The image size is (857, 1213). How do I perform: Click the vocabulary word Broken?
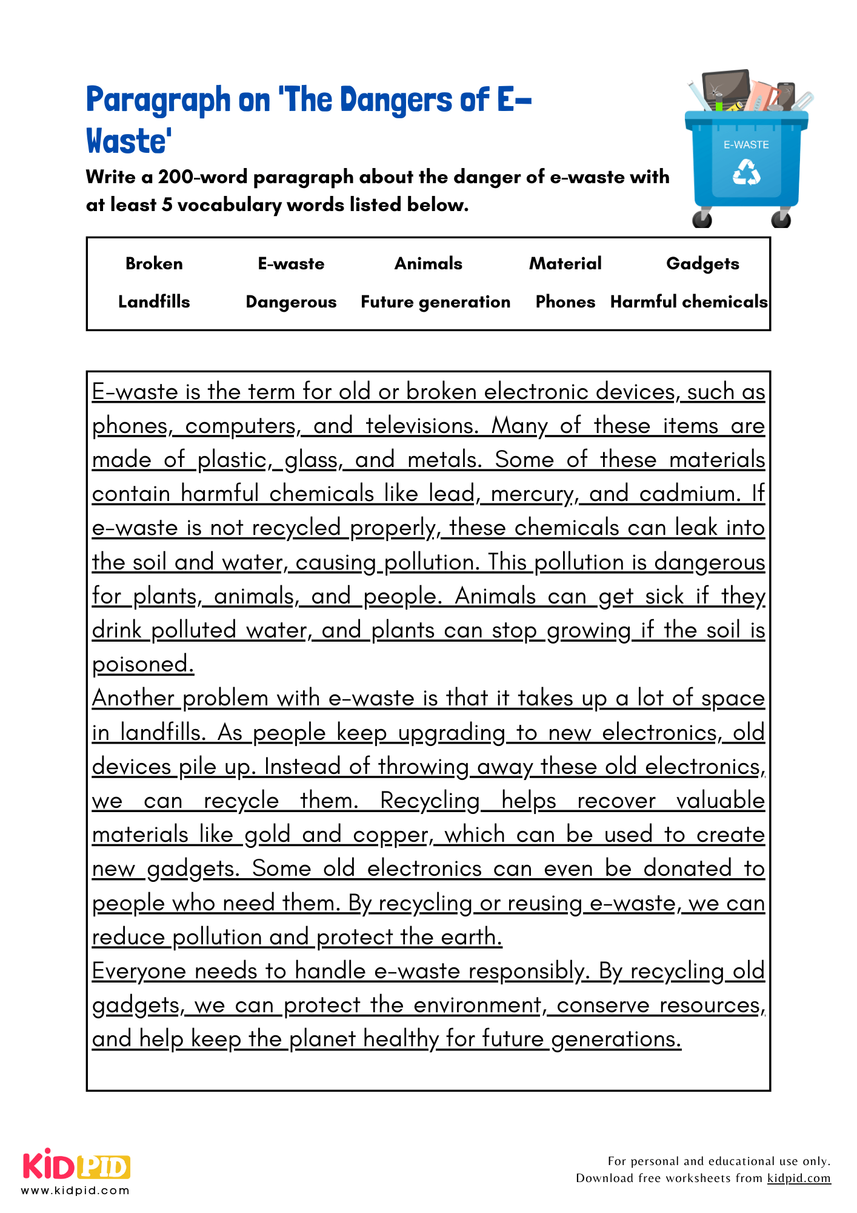click(x=154, y=263)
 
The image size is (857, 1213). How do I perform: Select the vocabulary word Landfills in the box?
click(x=154, y=301)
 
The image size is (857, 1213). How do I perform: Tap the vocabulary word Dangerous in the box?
click(x=291, y=301)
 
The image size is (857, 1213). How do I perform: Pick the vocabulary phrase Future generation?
click(x=435, y=301)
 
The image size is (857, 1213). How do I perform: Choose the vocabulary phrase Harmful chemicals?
click(x=689, y=301)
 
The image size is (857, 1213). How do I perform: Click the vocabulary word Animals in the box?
click(x=428, y=263)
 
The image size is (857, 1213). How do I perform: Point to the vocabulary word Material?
click(x=565, y=263)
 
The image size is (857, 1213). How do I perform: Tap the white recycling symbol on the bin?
click(x=746, y=172)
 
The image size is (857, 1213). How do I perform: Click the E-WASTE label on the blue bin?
click(x=746, y=145)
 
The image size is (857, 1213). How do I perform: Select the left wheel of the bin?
click(x=702, y=218)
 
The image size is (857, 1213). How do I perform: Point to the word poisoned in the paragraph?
click(x=143, y=664)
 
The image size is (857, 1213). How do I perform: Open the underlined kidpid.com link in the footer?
click(x=798, y=1178)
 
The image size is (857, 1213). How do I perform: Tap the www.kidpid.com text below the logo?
click(x=75, y=1191)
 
